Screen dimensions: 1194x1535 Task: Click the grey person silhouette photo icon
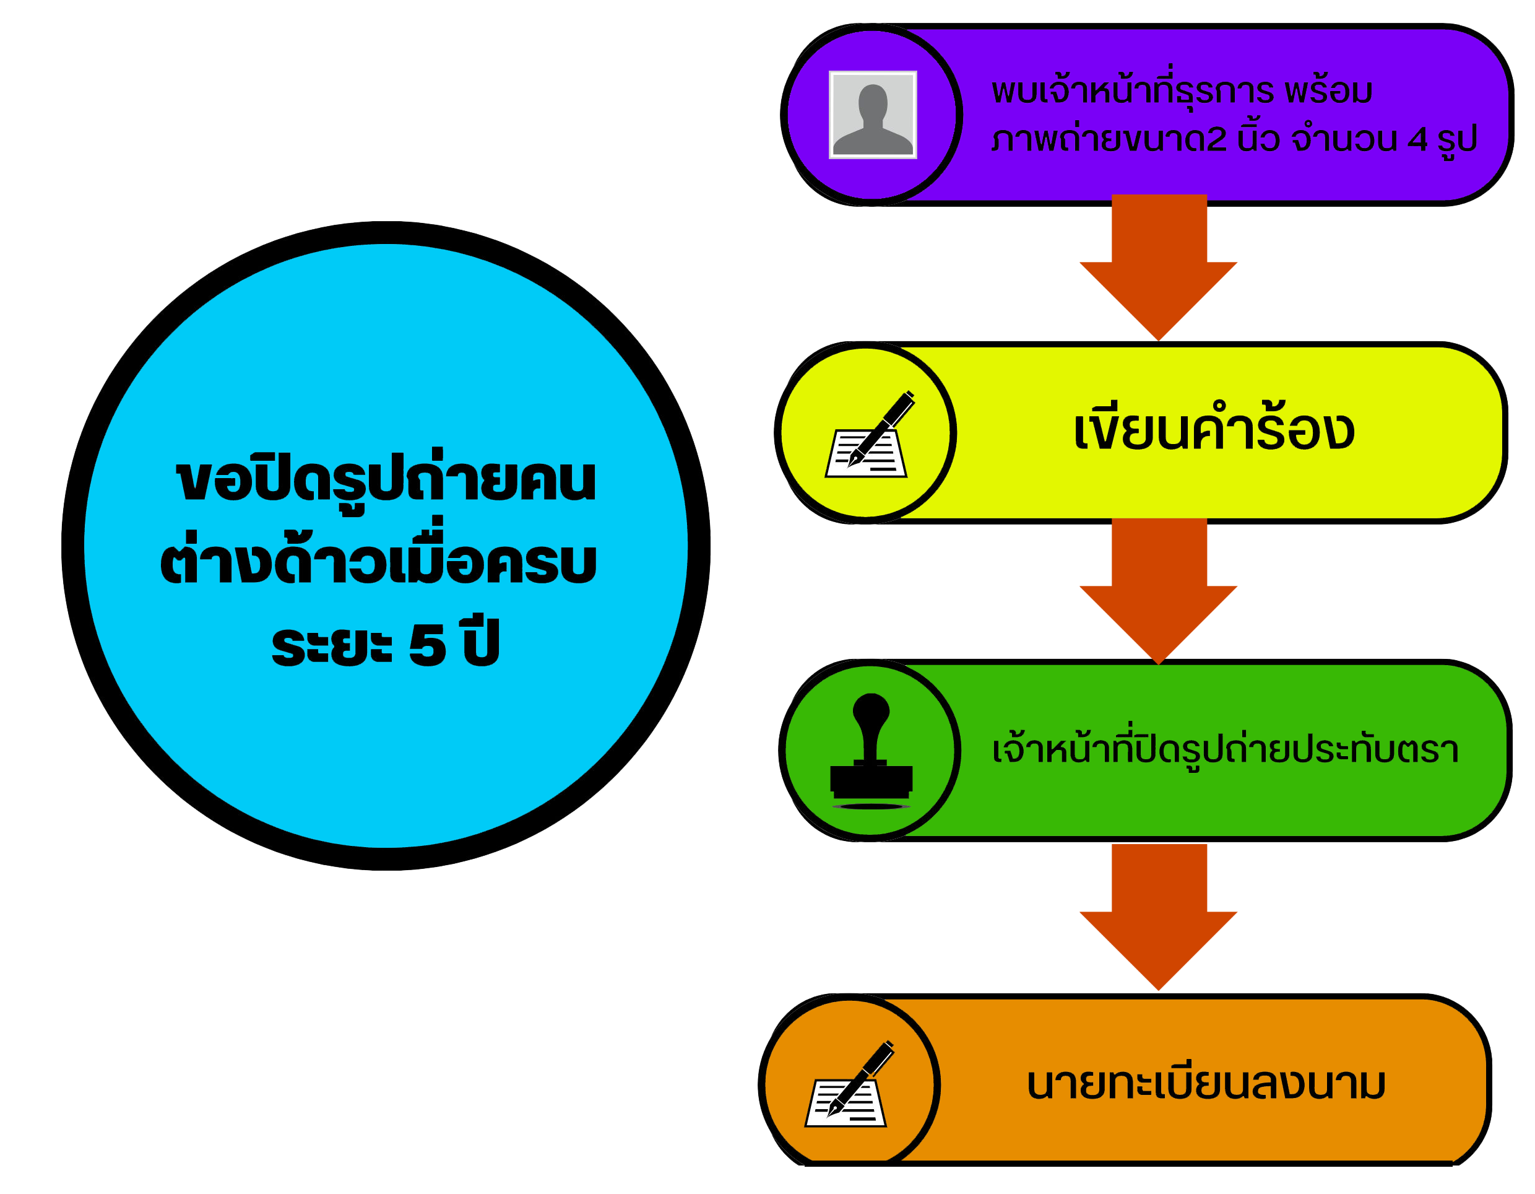tap(872, 115)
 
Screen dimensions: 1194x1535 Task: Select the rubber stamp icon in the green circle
tap(871, 751)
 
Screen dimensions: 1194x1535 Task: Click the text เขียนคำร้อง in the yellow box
tap(1214, 429)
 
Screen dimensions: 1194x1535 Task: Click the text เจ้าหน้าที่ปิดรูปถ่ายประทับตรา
tap(1225, 749)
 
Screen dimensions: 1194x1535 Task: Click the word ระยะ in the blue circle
tap(331, 645)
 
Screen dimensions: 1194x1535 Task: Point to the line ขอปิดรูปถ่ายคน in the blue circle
tap(386, 481)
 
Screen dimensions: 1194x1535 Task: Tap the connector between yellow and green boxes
tap(1157, 590)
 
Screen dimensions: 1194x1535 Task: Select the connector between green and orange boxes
tap(1157, 916)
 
